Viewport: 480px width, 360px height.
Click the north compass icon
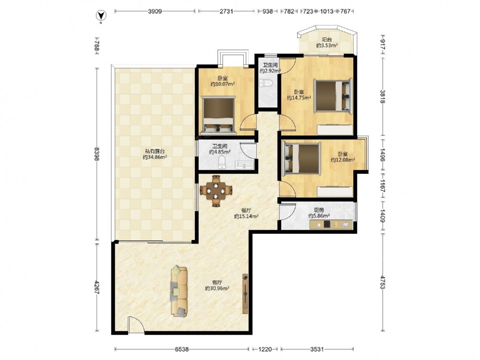(101, 15)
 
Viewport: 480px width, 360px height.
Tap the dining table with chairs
(216, 191)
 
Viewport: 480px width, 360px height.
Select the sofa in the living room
(179, 291)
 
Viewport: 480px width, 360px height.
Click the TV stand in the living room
(245, 294)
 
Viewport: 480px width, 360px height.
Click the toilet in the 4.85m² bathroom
(222, 162)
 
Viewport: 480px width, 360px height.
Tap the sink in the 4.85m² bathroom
(244, 165)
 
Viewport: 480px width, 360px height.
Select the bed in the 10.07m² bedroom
(218, 115)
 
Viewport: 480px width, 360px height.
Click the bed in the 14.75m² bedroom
(334, 96)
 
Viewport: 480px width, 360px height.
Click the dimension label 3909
(155, 12)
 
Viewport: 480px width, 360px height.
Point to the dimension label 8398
(97, 154)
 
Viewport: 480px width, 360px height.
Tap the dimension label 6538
(182, 349)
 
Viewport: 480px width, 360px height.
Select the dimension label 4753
(383, 282)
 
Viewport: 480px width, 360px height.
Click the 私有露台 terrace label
(155, 151)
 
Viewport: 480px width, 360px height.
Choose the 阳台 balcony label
(327, 39)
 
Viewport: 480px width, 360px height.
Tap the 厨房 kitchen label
(319, 210)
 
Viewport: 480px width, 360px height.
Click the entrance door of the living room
(136, 325)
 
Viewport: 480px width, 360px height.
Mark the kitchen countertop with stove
(331, 224)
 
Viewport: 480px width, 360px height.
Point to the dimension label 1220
(265, 349)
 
